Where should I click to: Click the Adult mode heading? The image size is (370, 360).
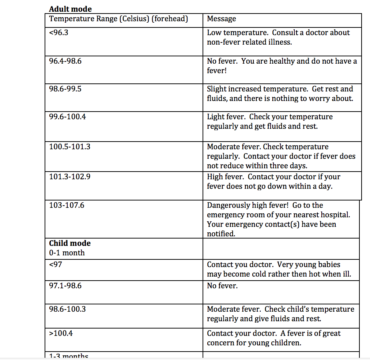coord(70,9)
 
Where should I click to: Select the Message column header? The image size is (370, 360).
coord(221,19)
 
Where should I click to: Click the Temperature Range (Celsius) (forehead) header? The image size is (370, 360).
coord(118,19)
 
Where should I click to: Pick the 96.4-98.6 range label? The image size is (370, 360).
coord(65,61)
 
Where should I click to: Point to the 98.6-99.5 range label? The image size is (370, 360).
coord(65,89)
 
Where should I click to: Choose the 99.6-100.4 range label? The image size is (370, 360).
coord(67,117)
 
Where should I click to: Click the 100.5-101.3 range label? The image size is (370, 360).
coord(69,147)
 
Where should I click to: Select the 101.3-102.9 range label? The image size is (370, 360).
coord(69,177)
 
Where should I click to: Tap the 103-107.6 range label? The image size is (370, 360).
coord(67,205)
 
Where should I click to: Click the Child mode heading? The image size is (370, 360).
coord(70,243)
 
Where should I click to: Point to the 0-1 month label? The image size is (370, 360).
coord(67,253)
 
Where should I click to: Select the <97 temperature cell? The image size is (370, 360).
coord(56,265)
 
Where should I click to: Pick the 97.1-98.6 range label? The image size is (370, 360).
coord(65,286)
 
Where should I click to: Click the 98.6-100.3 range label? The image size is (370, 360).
coord(67,309)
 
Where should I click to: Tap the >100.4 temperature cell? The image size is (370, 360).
coord(61,333)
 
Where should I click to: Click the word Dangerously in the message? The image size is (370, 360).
coord(229,205)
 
